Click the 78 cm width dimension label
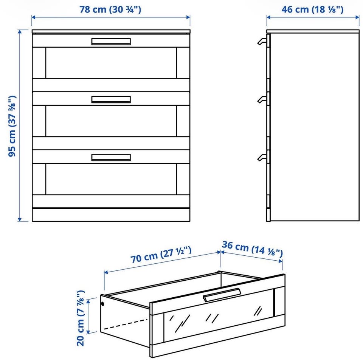[110, 9]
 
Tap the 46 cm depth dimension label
[312, 9]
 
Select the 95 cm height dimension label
[12, 126]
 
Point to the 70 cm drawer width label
[161, 255]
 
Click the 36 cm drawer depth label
[252, 249]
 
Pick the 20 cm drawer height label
[81, 318]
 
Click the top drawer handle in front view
[111, 42]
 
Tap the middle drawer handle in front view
[111, 100]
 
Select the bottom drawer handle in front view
[111, 158]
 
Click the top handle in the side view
[262, 42]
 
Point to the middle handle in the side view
[262, 100]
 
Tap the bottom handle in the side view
[262, 158]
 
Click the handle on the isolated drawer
[222, 295]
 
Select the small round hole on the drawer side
[103, 304]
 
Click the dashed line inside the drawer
[126, 324]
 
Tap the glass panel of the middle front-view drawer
[111, 121]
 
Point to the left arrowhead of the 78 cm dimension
[33, 17]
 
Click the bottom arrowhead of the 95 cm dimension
[20, 219]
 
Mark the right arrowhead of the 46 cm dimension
[357, 17]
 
